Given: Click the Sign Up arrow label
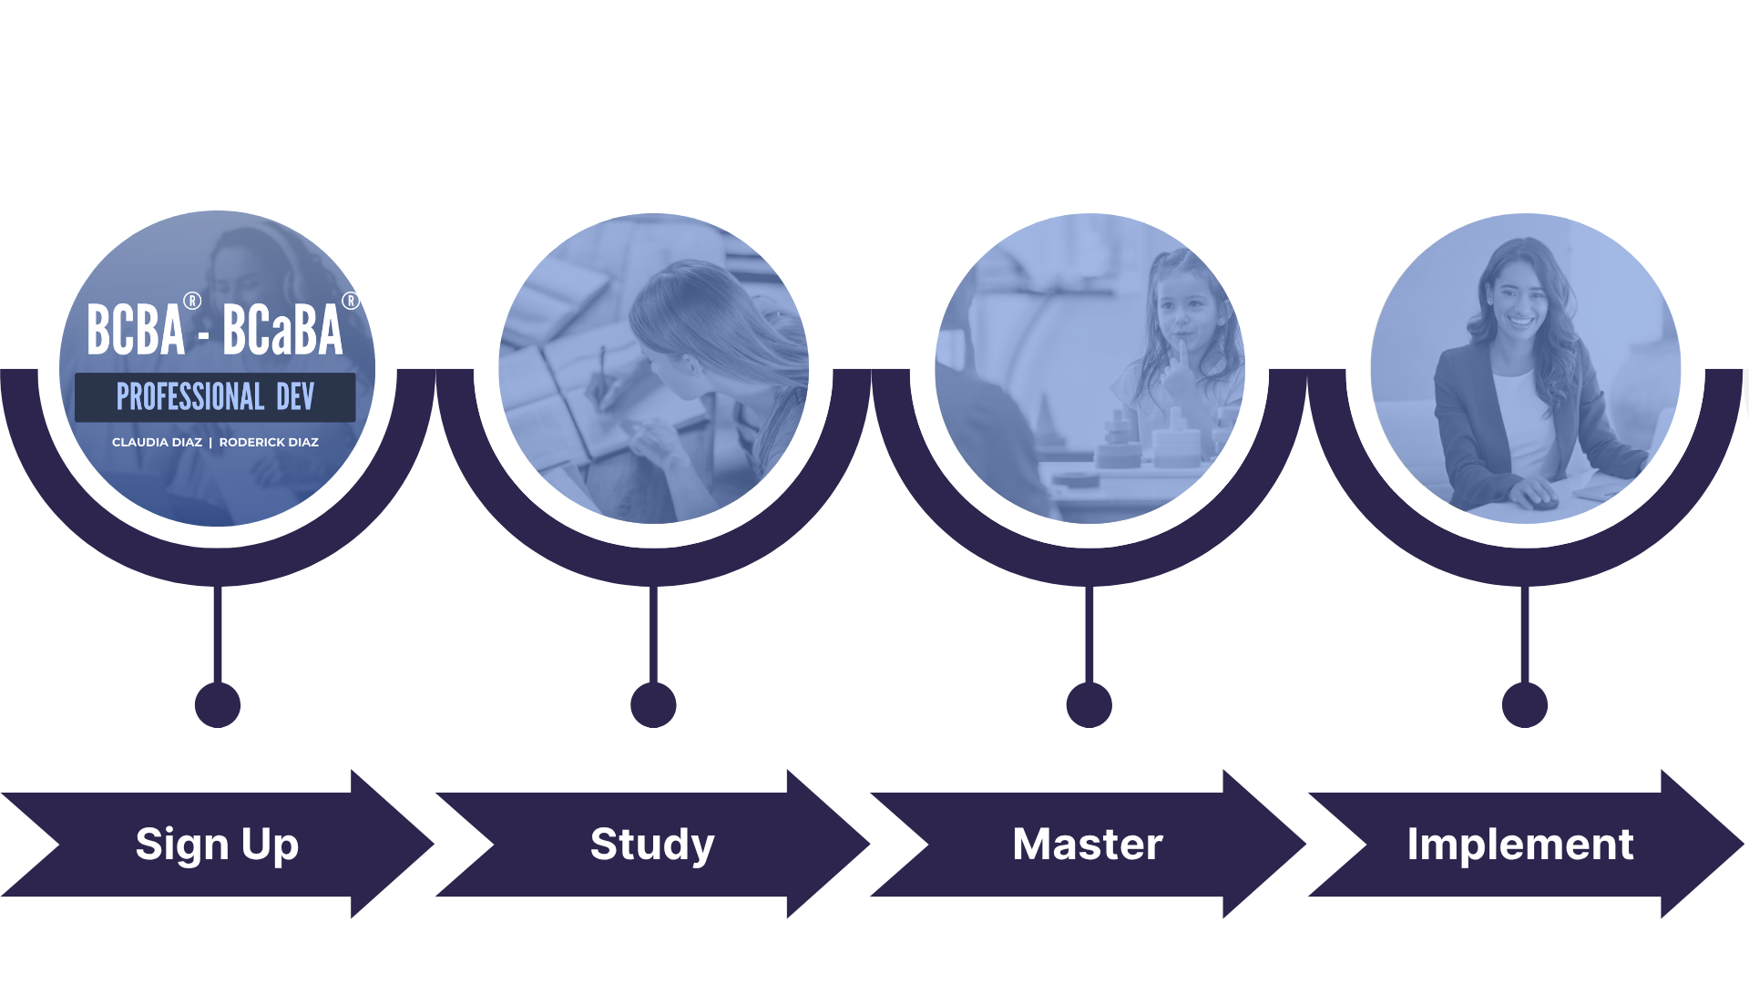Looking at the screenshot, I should point(217,845).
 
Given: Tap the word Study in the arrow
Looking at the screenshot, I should point(652,845).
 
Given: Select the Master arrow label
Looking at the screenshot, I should point(1088,845).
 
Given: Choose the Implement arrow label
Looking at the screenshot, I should point(1520,845).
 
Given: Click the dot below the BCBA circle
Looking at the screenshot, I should point(218,704).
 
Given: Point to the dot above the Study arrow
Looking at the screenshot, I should point(653,704).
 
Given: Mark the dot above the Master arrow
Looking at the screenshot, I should point(1089,704).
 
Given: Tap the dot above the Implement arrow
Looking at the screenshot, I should point(1525,704).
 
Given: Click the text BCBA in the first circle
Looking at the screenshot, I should point(136,330).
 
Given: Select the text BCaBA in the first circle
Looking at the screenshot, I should point(282,330).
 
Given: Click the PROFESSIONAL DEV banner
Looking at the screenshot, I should point(215,397).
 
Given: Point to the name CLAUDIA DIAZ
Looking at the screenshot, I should point(157,443).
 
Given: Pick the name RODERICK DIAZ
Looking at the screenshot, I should point(269,443).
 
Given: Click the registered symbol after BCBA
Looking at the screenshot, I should point(192,301).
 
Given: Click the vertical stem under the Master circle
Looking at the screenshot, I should point(1089,633).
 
